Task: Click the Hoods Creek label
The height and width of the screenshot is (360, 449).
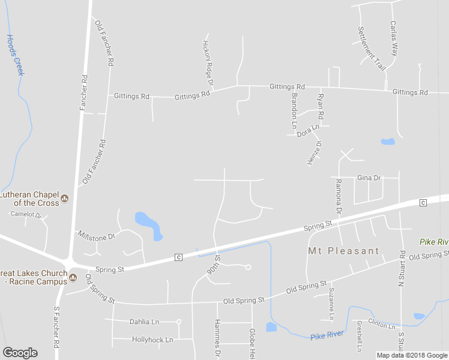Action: coord(16,55)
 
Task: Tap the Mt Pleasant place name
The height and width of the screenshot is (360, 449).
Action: coord(344,251)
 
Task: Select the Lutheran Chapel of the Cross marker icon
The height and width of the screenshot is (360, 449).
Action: coord(64,199)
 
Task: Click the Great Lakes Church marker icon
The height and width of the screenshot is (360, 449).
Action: coord(73,277)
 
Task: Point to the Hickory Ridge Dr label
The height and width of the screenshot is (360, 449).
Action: coord(208,63)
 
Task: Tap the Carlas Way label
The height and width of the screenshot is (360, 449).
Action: coord(394,39)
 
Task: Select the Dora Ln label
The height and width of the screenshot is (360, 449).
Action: coord(308,130)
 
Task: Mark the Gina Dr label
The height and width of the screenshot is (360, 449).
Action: coord(369,178)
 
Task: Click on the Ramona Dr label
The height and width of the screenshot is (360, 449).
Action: coord(339,197)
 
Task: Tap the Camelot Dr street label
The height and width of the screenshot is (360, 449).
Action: coord(25,214)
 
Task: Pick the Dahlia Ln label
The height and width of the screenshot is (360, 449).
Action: coord(144,322)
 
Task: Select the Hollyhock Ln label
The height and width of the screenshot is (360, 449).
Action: coord(152,340)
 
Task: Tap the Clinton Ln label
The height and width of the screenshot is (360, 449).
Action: coord(382,325)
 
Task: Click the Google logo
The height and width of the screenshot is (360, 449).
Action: coord(20,353)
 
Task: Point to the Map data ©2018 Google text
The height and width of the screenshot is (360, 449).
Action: coord(411,355)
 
